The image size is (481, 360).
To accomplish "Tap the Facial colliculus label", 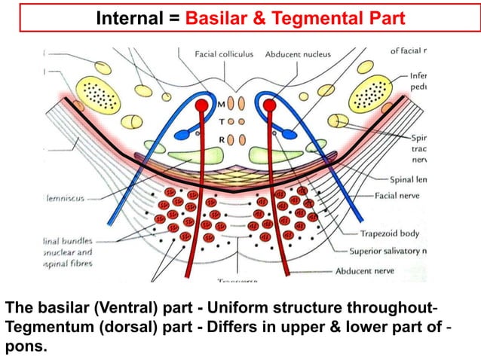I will [x=224, y=54].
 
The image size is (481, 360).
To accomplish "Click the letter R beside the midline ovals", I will [x=221, y=139].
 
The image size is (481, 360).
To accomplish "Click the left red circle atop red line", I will [x=201, y=107].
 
